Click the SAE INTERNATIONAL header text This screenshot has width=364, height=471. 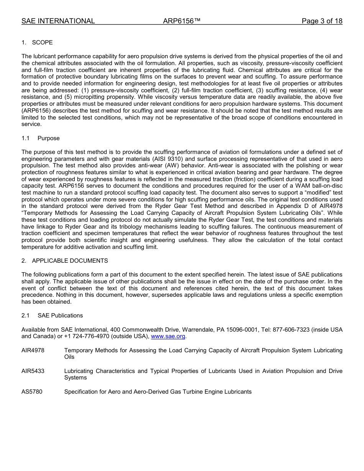pos(58,21)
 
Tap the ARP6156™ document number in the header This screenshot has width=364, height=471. pos(182,21)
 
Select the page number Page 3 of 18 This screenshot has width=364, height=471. pos(322,21)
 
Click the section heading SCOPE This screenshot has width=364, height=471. pos(42,43)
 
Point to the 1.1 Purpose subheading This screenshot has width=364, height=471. pos(48,138)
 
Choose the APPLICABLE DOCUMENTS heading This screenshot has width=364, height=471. pos(70,261)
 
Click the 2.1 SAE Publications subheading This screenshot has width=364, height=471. pos(60,316)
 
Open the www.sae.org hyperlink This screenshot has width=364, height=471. pos(168,337)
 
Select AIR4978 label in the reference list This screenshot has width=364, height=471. pos(33,350)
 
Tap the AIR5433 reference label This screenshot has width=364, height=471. pos(33,371)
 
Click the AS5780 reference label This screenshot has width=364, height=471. pos(32,392)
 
